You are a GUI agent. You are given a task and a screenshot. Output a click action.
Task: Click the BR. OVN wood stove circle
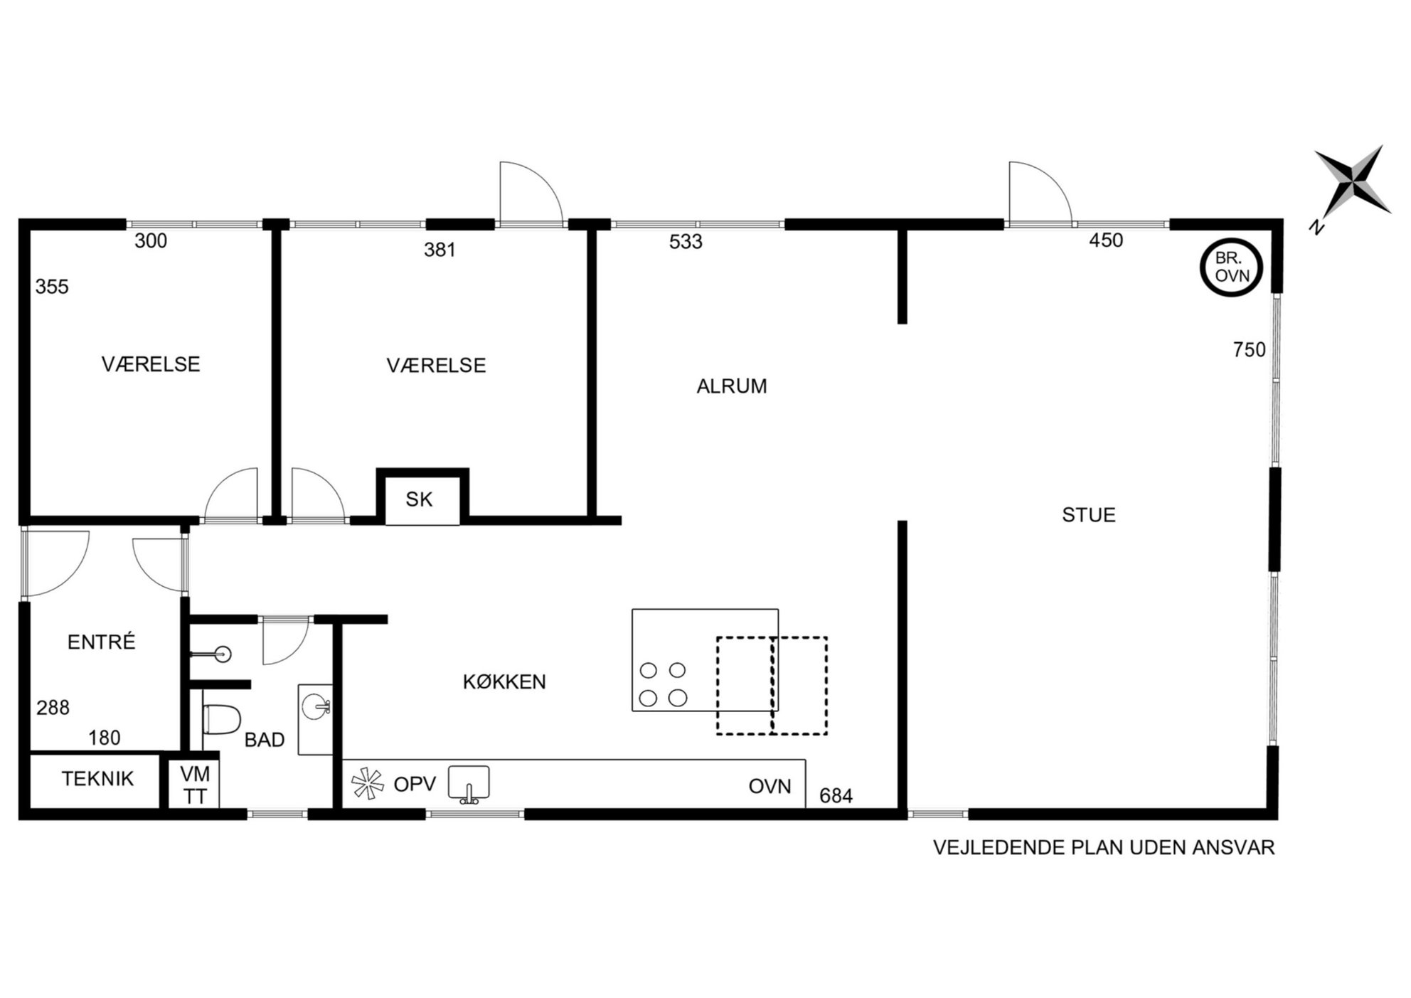click(x=1202, y=267)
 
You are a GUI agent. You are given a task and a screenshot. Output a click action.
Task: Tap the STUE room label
click(x=1089, y=515)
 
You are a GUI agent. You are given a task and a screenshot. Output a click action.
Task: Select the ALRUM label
click(x=732, y=386)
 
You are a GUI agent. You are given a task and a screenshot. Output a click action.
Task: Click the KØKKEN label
click(x=504, y=682)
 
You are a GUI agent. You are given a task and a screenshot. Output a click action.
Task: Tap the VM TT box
click(x=194, y=785)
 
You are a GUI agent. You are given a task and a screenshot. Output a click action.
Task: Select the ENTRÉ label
click(x=101, y=642)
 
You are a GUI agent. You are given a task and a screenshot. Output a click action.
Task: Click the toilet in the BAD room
click(x=222, y=718)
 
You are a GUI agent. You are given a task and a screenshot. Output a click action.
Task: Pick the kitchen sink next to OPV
click(x=469, y=784)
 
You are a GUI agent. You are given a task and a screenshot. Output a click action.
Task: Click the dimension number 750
click(x=1250, y=350)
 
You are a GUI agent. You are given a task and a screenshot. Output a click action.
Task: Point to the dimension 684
click(x=836, y=796)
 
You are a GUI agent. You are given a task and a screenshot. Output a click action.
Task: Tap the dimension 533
click(x=686, y=242)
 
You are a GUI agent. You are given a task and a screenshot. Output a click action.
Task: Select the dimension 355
click(x=52, y=287)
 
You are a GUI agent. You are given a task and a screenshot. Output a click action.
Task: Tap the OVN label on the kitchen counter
click(x=770, y=787)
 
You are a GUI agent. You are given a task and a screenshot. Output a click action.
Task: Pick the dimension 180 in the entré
click(x=105, y=738)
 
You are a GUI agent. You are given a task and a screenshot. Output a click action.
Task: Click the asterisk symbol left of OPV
click(x=368, y=784)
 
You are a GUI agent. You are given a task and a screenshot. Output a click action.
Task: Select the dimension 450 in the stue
click(x=1106, y=240)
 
